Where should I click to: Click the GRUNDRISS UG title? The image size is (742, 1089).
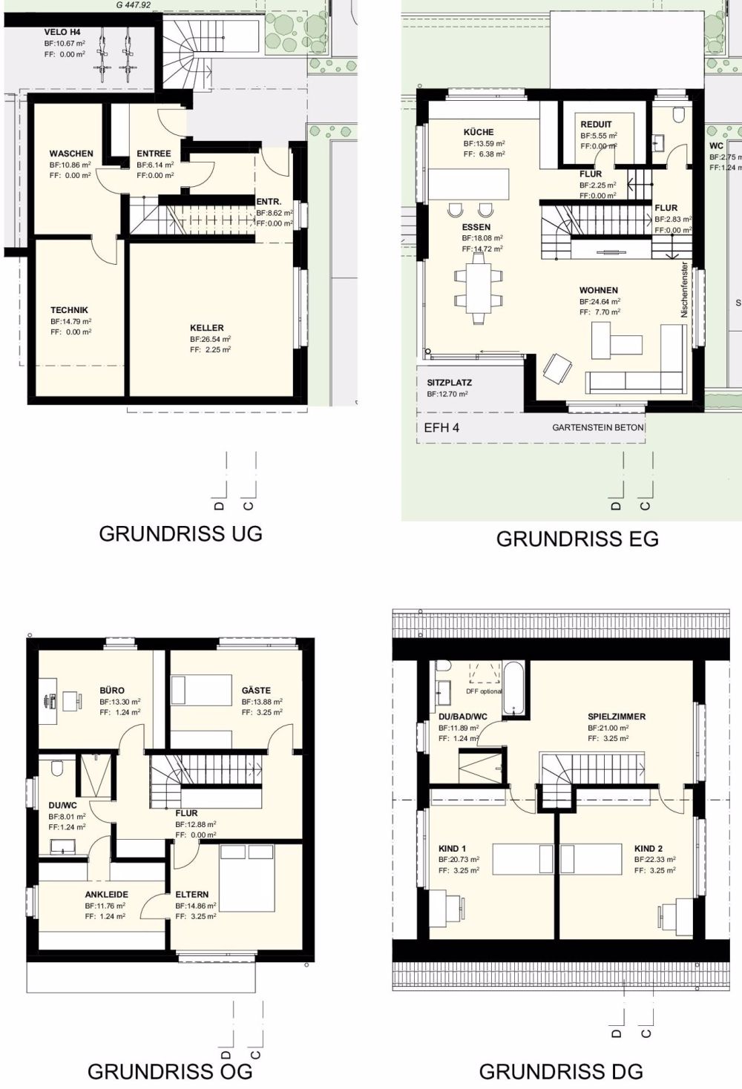(x=180, y=534)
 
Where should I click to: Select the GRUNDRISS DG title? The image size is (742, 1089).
(x=561, y=1070)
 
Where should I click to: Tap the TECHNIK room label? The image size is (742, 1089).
(x=69, y=310)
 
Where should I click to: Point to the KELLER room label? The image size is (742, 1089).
(x=206, y=327)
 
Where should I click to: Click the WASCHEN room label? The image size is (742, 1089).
(x=71, y=154)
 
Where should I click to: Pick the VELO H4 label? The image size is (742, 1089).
(x=62, y=33)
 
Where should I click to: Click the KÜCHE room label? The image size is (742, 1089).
(x=479, y=132)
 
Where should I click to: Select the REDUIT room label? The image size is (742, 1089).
(x=597, y=125)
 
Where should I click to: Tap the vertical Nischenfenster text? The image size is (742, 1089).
(x=684, y=290)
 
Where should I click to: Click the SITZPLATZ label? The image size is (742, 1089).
(x=449, y=383)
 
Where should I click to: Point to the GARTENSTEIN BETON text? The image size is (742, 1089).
(x=597, y=428)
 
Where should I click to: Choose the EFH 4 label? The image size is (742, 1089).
(x=441, y=428)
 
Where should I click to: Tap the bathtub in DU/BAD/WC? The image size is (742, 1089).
(x=514, y=688)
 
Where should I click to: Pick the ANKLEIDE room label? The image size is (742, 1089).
(x=106, y=895)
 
